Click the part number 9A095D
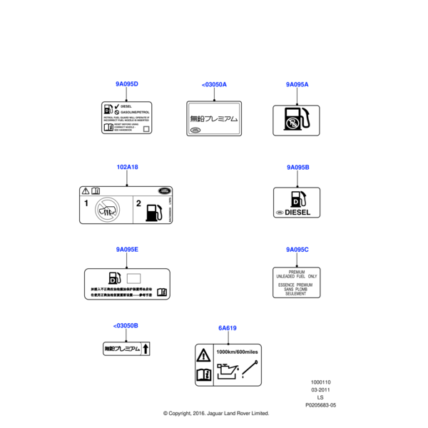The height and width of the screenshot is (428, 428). point(126,84)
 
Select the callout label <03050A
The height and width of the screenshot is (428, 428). point(214,85)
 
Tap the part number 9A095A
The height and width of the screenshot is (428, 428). point(297,84)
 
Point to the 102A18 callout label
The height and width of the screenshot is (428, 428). point(127,167)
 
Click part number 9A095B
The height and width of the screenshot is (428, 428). point(297,167)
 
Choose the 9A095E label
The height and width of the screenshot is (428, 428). point(127,250)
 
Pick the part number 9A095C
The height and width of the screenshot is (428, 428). point(297,250)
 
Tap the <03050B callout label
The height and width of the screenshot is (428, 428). point(126,325)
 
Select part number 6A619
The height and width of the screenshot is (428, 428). point(228,328)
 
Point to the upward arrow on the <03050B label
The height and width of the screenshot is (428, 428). point(146,349)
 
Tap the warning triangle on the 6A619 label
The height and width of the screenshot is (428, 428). point(203,355)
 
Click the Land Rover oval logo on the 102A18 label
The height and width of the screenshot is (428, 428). point(163,191)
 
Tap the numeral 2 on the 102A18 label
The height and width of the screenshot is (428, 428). point(139,204)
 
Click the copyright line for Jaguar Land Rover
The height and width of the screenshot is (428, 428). point(215,413)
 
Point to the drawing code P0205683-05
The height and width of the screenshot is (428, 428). point(320,404)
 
